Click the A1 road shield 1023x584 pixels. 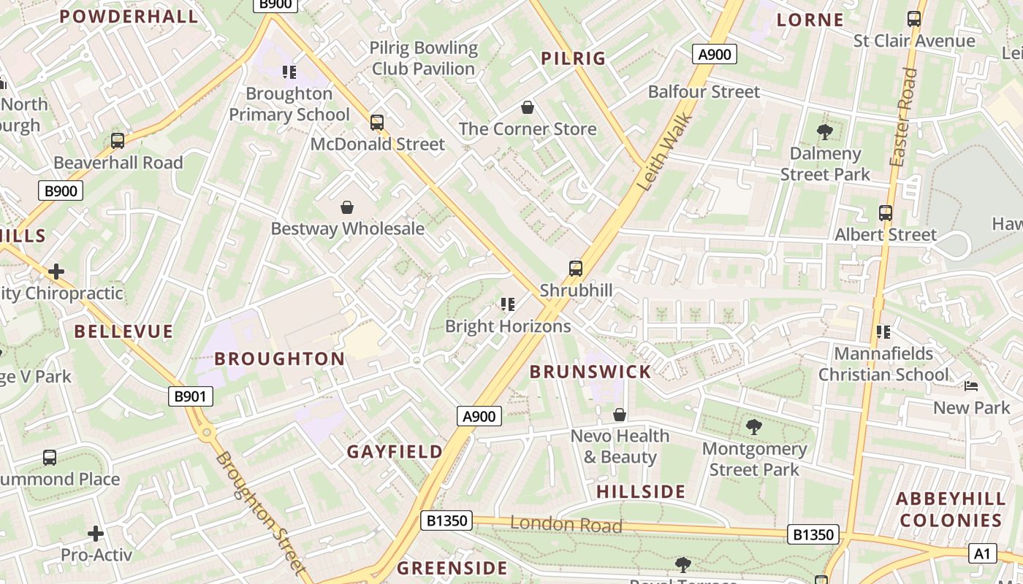tap(982, 553)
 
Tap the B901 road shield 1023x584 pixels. tap(191, 396)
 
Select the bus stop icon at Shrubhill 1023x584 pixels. tap(576, 268)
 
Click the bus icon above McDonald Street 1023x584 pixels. tap(377, 122)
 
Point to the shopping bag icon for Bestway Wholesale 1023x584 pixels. tap(347, 207)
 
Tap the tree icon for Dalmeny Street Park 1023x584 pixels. tap(825, 132)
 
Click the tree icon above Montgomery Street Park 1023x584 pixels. tap(754, 427)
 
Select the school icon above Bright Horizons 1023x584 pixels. tap(508, 304)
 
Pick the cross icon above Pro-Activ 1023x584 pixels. tap(96, 534)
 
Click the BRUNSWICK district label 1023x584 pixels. tap(590, 372)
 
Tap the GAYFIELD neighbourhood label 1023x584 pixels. tap(395, 452)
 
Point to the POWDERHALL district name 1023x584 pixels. tap(129, 17)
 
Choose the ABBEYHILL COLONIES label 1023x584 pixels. tap(951, 509)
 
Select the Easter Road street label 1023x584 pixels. tap(901, 117)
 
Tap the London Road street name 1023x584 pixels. tap(566, 524)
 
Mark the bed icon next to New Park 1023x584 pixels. tap(971, 385)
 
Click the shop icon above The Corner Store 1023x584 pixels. tap(528, 108)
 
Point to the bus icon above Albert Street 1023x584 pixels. tap(886, 213)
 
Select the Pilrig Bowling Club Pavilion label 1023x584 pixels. tap(424, 58)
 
